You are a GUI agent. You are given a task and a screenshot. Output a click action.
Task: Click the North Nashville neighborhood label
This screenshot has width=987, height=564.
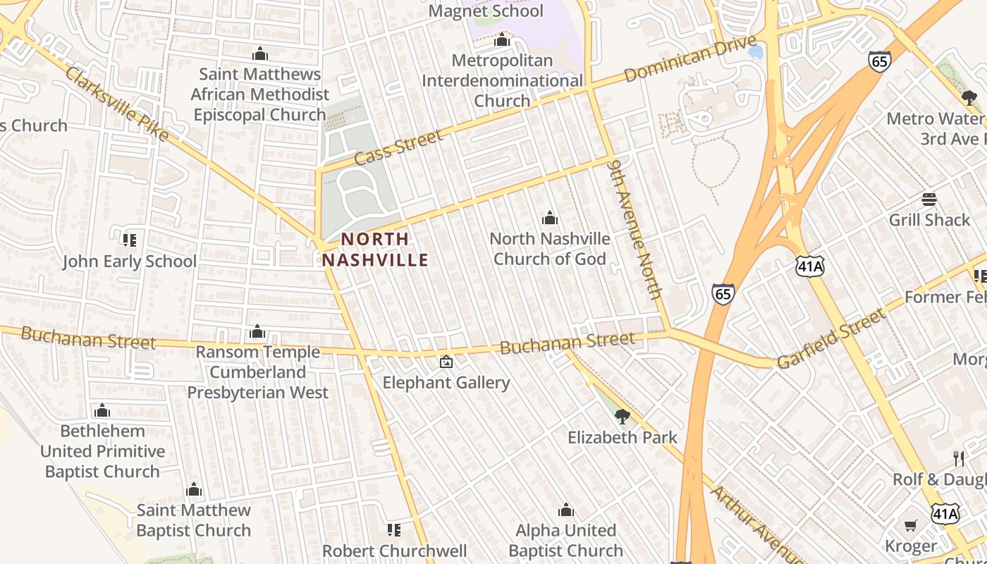pyautogui.click(x=375, y=250)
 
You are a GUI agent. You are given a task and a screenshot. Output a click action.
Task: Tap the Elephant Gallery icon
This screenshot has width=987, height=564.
pyautogui.click(x=446, y=362)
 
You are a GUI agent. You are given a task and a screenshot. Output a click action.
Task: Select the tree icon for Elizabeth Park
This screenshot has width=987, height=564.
pyautogui.click(x=622, y=417)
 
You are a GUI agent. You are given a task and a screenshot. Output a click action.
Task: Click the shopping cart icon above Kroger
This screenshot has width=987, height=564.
pyautogui.click(x=911, y=525)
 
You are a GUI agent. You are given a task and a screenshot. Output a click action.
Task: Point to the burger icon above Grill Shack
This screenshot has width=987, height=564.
pyautogui.click(x=928, y=200)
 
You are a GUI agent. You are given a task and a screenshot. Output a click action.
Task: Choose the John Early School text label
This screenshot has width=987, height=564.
pyautogui.click(x=130, y=262)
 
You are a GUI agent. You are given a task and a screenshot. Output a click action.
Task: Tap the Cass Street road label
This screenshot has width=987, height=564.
pyautogui.click(x=398, y=147)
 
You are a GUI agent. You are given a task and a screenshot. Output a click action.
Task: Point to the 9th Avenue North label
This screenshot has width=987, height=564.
pyautogui.click(x=636, y=237)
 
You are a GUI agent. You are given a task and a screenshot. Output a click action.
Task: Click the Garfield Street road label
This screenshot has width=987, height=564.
pyautogui.click(x=831, y=338)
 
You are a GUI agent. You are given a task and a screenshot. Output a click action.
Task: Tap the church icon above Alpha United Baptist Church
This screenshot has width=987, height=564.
pyautogui.click(x=565, y=510)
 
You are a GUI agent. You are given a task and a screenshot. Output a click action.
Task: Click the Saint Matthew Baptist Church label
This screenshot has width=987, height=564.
pyautogui.click(x=194, y=520)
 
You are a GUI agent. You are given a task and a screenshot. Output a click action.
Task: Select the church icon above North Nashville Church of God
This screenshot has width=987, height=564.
pyautogui.click(x=550, y=218)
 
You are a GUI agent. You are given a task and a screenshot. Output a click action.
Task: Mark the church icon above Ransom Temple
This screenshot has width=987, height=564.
pyautogui.click(x=257, y=331)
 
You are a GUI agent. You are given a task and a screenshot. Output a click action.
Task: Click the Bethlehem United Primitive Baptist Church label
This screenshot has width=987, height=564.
pyautogui.click(x=102, y=451)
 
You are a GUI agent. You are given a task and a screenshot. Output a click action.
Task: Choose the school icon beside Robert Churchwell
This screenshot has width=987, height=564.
pyautogui.click(x=394, y=529)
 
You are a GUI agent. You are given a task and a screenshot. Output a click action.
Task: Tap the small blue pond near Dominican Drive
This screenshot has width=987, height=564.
pyautogui.click(x=756, y=52)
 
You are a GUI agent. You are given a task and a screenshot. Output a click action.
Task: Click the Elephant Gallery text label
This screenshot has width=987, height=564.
pyautogui.click(x=446, y=383)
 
